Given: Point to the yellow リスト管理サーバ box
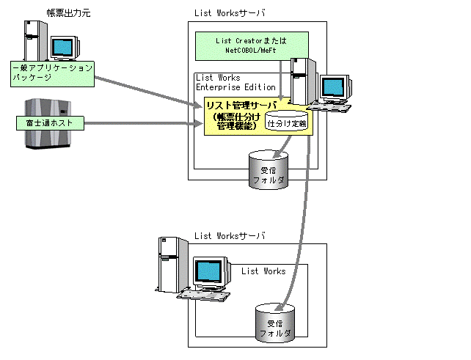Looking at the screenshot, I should click(235, 117).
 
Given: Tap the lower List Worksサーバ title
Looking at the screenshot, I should click(230, 236).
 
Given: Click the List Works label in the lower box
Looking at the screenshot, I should click(263, 271).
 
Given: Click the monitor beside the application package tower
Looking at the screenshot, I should click(65, 48).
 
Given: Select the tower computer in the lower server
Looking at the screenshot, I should click(168, 266).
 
